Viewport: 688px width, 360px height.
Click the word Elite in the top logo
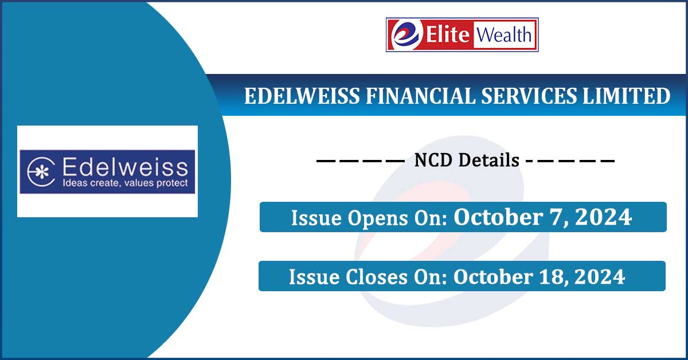pyautogui.click(x=448, y=34)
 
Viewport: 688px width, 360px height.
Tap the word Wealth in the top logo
pyautogui.click(x=504, y=34)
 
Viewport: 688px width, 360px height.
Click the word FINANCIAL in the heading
pyautogui.click(x=420, y=96)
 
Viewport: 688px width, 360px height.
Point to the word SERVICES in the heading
pyautogui.click(x=529, y=96)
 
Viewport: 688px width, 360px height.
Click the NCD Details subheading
pyautogui.click(x=467, y=160)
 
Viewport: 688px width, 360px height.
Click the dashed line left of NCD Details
pyautogui.click(x=361, y=161)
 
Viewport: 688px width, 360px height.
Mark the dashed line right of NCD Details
pyautogui.click(x=570, y=161)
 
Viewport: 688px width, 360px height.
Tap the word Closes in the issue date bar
pyautogui.click(x=377, y=277)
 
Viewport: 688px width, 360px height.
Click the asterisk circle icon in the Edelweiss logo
pyautogui.click(x=41, y=172)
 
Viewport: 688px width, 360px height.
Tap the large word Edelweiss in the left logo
pyautogui.click(x=125, y=167)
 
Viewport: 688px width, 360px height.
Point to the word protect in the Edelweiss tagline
pyautogui.click(x=172, y=183)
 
